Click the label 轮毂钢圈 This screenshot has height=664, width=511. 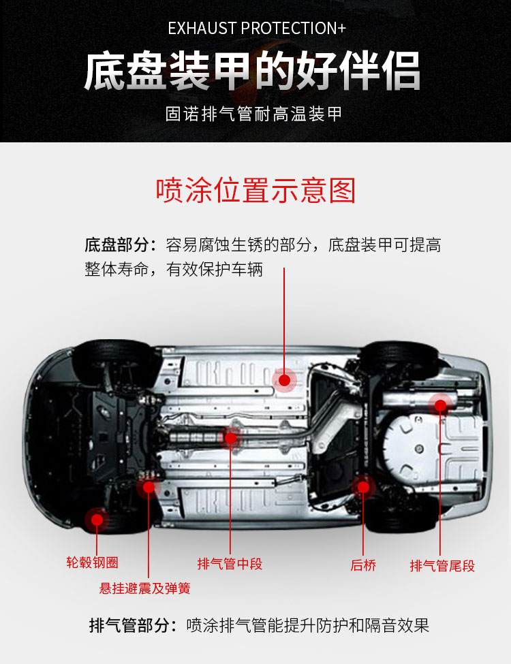pos(92,563)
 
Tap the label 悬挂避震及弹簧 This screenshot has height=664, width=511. pos(145,588)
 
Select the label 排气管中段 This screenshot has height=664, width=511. pos(230,564)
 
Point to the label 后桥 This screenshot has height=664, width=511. pos(363,565)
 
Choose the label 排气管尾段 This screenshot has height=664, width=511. pos(442,565)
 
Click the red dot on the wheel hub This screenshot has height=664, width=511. pos(97,520)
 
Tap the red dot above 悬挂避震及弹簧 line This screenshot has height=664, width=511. pos(149,487)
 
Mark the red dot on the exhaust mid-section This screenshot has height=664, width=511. pos(230,438)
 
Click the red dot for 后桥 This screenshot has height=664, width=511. pos(363,488)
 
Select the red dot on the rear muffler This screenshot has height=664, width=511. pos(440,406)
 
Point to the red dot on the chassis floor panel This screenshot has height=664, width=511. pos(284,380)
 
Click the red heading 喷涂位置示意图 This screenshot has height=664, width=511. pos(255,190)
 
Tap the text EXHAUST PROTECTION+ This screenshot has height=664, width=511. pos(257,29)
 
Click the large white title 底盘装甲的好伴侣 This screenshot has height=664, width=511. pos(253,71)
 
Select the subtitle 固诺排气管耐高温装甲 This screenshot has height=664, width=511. pos(253,114)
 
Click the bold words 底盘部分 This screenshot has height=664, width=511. pos(117,244)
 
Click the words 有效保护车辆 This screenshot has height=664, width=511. pos(215,269)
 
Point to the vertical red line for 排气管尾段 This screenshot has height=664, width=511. pos(440,480)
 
